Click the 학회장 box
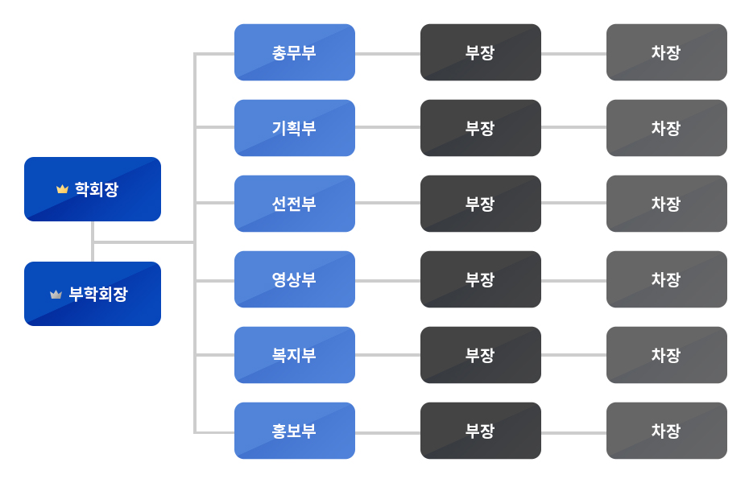(x=93, y=189)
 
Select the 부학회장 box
(x=93, y=294)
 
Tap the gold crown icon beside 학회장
(x=62, y=189)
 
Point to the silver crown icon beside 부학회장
(x=56, y=295)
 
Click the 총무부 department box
(x=295, y=52)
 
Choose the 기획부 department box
(x=295, y=128)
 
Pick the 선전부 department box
(x=295, y=204)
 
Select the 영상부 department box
(x=295, y=279)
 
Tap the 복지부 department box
(x=295, y=355)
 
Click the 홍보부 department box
(x=295, y=431)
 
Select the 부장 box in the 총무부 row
(x=481, y=52)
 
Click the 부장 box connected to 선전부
(x=481, y=204)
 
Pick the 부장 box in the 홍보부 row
(x=481, y=431)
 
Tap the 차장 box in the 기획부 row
(x=667, y=128)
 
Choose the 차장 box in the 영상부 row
(x=667, y=279)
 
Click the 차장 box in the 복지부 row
(x=667, y=355)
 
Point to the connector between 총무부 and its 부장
(x=387, y=54)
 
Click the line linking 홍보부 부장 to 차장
(x=573, y=432)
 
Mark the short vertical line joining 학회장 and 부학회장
(x=93, y=242)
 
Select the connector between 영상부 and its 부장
(x=387, y=281)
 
